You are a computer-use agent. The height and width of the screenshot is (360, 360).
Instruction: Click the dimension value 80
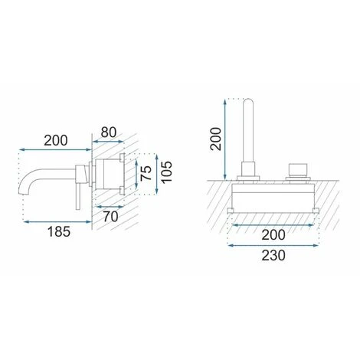[109, 133]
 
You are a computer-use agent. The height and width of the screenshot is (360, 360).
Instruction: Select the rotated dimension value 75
[146, 173]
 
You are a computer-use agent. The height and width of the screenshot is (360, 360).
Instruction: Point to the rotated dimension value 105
[167, 172]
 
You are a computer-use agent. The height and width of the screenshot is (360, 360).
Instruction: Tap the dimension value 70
[111, 217]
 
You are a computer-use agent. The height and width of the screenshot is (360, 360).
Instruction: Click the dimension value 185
[59, 232]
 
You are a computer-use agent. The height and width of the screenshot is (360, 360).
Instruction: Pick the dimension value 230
[273, 256]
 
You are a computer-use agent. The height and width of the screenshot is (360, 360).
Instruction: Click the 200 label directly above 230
[273, 235]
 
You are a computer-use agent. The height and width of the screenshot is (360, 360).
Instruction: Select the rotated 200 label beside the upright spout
[215, 139]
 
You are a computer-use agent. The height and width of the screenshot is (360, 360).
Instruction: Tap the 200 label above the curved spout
[56, 141]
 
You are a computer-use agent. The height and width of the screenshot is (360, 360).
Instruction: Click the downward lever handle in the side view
[78, 196]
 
